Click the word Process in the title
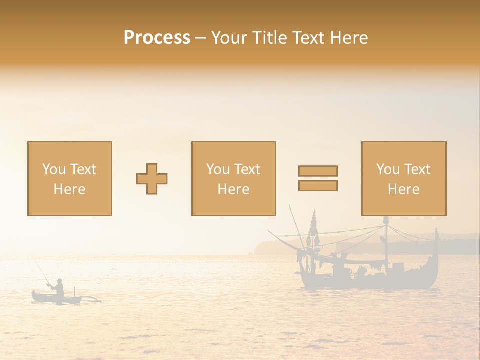coord(157,38)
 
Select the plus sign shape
coord(152,179)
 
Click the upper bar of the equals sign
coord(318,171)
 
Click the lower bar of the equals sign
coord(318,185)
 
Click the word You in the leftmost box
coord(53,169)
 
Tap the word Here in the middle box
coord(233,189)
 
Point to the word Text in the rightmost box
coord(417,169)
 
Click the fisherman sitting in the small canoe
coord(59,289)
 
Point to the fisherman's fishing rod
coord(42,272)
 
